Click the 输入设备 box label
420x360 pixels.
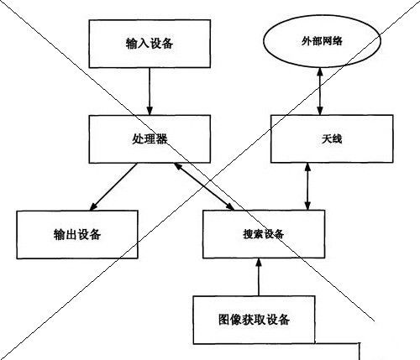pyautogui.click(x=150, y=44)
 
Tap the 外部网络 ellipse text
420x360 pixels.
pyautogui.click(x=322, y=41)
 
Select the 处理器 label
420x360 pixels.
pyautogui.click(x=150, y=138)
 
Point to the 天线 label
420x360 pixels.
pyautogui.click(x=332, y=138)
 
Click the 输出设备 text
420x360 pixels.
pyautogui.click(x=77, y=234)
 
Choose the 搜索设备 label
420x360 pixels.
pyautogui.click(x=264, y=234)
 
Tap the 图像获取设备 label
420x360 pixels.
pyautogui.click(x=254, y=320)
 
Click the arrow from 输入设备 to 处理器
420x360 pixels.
pyautogui.click(x=150, y=91)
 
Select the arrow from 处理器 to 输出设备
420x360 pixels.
pyautogui.click(x=113, y=186)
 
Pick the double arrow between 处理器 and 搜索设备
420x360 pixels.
pyautogui.click(x=204, y=186)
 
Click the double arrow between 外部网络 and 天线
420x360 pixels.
pyautogui.click(x=320, y=91)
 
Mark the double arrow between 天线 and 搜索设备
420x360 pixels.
pyautogui.click(x=308, y=186)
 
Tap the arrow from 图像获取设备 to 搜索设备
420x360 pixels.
pyautogui.click(x=259, y=277)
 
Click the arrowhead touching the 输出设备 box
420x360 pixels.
pyautogui.click(x=93, y=206)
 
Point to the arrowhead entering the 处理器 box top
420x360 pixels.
pyautogui.click(x=150, y=111)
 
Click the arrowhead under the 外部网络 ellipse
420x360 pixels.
pyautogui.click(x=320, y=71)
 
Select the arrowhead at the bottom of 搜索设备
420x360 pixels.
pyautogui.click(x=259, y=262)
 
